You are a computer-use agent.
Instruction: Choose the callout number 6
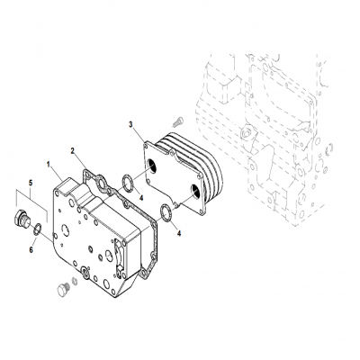[x=31, y=251]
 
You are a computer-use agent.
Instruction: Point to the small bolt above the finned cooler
[x=177, y=118]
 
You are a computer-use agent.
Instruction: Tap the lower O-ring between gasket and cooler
[x=166, y=212]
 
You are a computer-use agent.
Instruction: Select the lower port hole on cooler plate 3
[x=195, y=191]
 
